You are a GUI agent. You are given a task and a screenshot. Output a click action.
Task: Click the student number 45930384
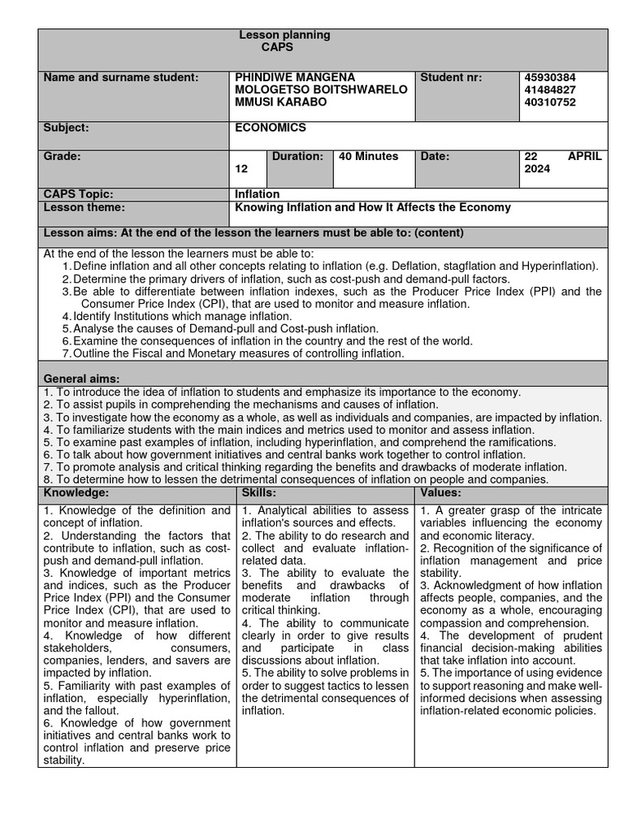point(552,77)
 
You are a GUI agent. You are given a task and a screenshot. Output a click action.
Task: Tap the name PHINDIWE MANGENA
point(295,77)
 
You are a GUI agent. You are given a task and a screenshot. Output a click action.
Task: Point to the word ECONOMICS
point(271,128)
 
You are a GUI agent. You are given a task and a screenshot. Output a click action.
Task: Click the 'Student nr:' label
point(451,77)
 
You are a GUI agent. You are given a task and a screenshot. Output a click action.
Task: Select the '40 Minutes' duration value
point(368,156)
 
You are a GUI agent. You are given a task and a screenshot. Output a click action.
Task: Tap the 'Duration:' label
point(297,156)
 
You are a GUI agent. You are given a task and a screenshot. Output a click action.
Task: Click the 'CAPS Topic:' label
point(78,194)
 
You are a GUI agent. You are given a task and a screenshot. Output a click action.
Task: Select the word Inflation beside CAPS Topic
point(258,194)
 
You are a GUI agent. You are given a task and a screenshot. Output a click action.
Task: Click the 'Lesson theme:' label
point(84,207)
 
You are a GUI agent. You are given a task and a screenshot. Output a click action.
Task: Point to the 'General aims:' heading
point(81,379)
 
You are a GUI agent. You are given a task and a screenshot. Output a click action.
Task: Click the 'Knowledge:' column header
point(76,493)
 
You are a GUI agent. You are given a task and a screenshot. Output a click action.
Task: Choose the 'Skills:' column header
point(259,493)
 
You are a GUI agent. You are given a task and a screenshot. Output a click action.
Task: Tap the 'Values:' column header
point(441,493)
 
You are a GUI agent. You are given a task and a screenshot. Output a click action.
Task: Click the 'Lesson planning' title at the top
point(284,35)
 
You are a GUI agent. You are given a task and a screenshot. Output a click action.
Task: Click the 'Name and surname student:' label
point(120,77)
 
